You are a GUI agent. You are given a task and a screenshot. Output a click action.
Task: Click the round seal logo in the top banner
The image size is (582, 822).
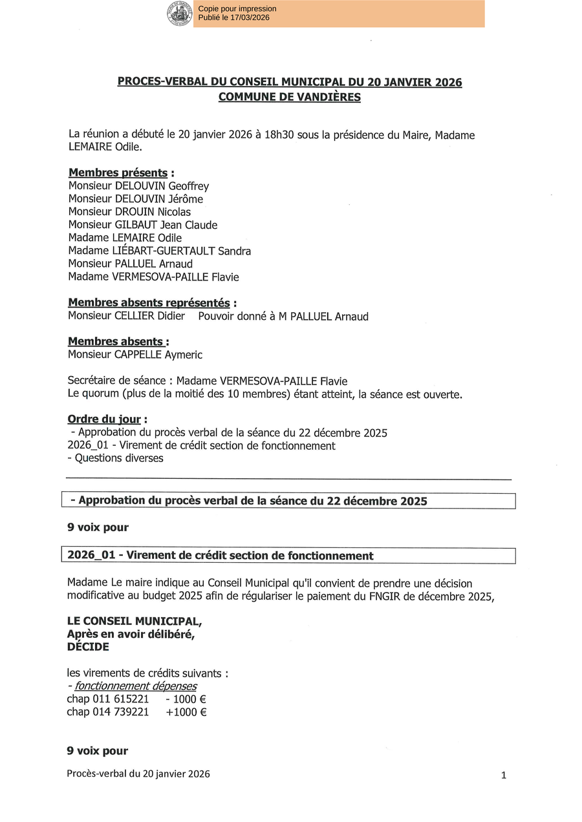tap(180, 14)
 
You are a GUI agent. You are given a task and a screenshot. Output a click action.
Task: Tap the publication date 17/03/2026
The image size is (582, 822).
tap(250, 17)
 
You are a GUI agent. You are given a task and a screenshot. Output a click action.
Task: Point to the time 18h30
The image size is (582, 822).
tap(279, 135)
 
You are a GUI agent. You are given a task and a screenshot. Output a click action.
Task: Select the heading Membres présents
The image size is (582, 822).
tap(118, 173)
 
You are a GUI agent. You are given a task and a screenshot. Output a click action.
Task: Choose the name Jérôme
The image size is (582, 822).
tap(186, 199)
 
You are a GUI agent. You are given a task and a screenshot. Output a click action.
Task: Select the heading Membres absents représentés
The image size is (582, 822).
tap(149, 302)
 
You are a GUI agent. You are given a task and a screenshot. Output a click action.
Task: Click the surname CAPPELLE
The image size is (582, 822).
tap(138, 355)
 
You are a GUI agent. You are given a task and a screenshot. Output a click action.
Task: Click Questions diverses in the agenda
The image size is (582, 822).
tap(119, 458)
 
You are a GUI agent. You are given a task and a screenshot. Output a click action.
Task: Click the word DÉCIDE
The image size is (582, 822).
tap(88, 647)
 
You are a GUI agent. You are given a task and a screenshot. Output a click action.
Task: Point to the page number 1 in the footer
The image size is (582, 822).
tap(503, 775)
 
